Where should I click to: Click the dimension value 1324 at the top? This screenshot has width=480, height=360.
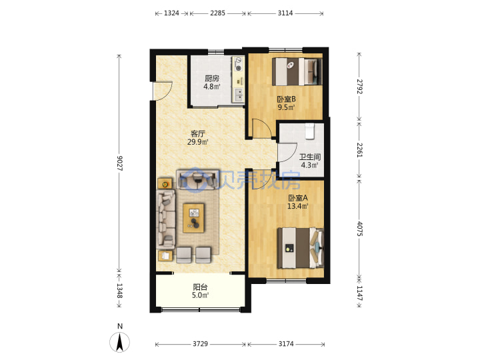tap(171, 13)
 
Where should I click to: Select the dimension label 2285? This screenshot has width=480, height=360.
tap(217, 13)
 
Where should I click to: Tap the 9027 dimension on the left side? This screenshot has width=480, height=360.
tap(119, 163)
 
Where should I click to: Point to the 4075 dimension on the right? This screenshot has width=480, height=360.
tap(359, 229)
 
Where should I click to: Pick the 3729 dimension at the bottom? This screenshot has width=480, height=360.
tap(200, 344)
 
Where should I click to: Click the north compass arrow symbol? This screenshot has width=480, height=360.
tap(120, 342)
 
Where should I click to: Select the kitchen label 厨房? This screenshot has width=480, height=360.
tap(212, 79)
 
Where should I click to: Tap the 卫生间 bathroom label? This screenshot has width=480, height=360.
tap(310, 157)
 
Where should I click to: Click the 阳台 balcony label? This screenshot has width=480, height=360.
tap(200, 287)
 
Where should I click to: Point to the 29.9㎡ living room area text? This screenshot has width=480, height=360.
tap(198, 142)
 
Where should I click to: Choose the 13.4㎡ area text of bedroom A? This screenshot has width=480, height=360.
tap(297, 206)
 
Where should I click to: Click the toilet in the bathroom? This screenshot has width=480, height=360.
tap(310, 131)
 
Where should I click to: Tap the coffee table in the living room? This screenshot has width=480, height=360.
tap(193, 218)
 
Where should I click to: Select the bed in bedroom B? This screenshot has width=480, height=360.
tap(297, 71)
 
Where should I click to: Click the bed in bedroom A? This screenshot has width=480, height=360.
tap(301, 248)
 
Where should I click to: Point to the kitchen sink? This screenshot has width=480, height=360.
tap(239, 95)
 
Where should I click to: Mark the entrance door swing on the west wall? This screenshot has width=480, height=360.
tap(163, 91)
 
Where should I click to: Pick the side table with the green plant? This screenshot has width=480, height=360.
tap(165, 184)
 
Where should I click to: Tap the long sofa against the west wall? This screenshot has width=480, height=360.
tap(165, 219)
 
